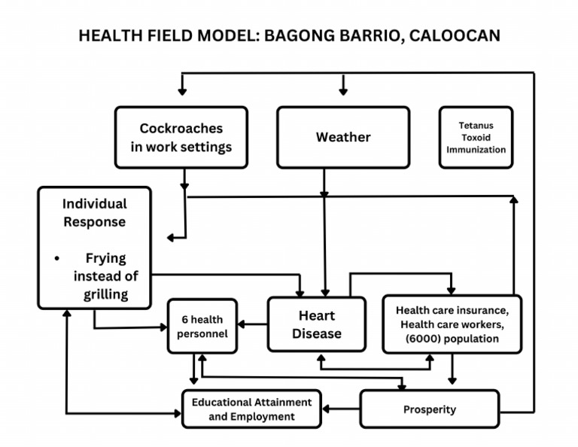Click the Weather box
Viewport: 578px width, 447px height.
click(x=343, y=137)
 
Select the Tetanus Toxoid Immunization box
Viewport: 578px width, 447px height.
click(x=476, y=137)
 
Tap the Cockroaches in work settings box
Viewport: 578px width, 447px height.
click(x=181, y=137)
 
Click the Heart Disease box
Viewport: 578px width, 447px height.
click(x=316, y=324)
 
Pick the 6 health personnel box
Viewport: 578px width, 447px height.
click(x=202, y=327)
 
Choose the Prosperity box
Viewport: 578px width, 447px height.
click(x=430, y=409)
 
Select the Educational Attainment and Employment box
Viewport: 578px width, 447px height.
click(x=251, y=409)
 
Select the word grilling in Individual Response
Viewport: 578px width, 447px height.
click(x=106, y=293)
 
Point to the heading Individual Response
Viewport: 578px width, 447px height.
click(x=95, y=212)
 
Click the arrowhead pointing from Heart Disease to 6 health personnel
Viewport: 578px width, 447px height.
click(x=243, y=325)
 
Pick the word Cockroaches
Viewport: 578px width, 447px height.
click(x=181, y=129)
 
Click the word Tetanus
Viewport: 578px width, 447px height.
click(x=476, y=126)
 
